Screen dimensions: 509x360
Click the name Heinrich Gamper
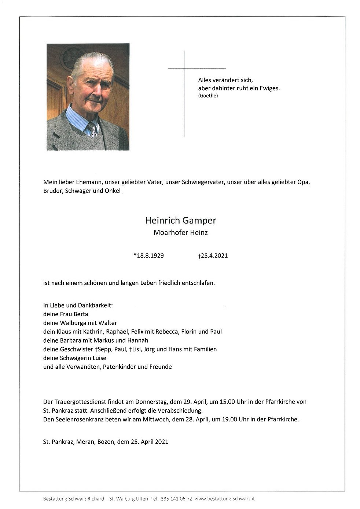180,221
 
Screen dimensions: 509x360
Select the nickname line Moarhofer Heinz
180,233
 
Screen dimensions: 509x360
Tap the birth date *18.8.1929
148,256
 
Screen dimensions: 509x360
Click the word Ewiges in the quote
270,88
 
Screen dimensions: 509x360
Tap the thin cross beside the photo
184,93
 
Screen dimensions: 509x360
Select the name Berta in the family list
80,314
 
